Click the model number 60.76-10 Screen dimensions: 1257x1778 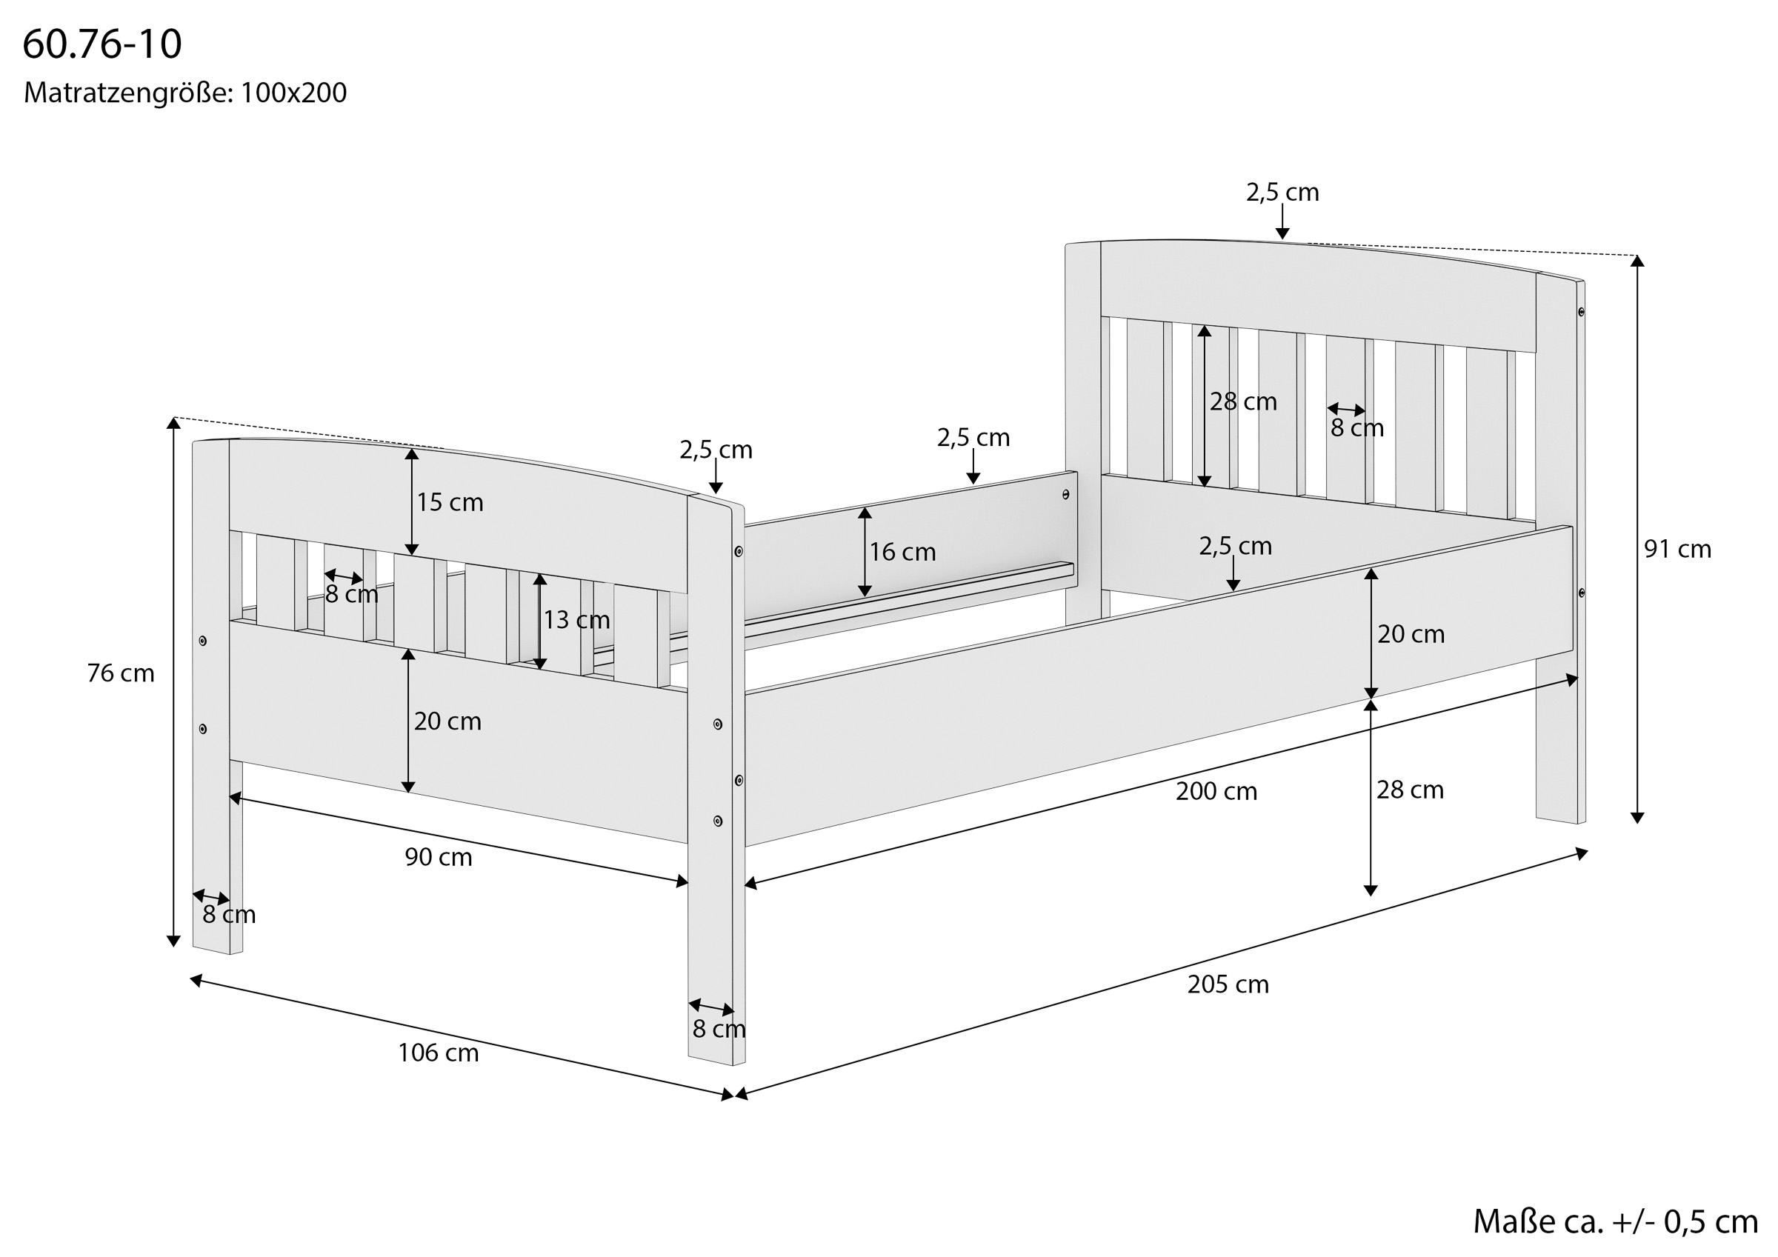[x=102, y=44]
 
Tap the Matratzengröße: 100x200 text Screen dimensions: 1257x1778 [x=185, y=93]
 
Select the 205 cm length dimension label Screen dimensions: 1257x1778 [x=1228, y=984]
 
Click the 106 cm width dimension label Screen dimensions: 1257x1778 [x=439, y=1053]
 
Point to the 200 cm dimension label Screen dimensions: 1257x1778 [x=1216, y=792]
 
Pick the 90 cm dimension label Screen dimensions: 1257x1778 [x=439, y=857]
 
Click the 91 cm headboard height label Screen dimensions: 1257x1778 [x=1677, y=549]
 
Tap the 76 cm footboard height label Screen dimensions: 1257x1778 [x=121, y=674]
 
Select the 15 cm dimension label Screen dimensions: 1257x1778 [x=450, y=503]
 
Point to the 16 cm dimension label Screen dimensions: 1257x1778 [x=902, y=553]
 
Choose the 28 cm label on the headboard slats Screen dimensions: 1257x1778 [x=1243, y=402]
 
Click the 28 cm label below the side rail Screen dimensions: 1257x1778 [x=1409, y=790]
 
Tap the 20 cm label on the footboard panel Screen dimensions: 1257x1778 [x=447, y=721]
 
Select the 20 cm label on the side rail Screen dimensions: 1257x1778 [x=1410, y=634]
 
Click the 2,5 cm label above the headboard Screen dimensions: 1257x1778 [x=1282, y=192]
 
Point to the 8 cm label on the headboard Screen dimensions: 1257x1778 [x=1356, y=427]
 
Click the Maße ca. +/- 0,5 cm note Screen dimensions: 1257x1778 [x=1614, y=1221]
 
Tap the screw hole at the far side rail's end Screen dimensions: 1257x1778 [x=1065, y=494]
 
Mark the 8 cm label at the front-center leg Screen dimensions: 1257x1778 [x=719, y=1030]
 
